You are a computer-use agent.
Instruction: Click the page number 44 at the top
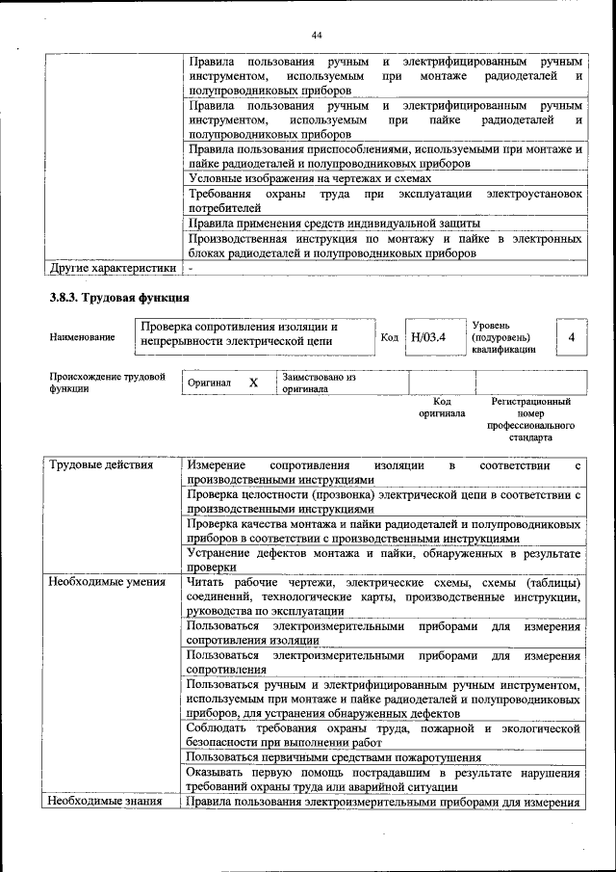coord(316,36)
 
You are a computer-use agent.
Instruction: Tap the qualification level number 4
coord(572,338)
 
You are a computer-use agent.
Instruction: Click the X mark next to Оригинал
coord(253,383)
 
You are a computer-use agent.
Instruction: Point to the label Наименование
coord(82,338)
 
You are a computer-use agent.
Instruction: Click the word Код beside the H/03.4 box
coord(390,338)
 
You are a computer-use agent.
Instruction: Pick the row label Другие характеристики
coord(113,267)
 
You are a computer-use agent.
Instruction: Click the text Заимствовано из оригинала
coord(319,383)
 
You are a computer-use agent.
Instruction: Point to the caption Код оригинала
coord(442,408)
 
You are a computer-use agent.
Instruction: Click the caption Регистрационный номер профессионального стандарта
coord(530,419)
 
